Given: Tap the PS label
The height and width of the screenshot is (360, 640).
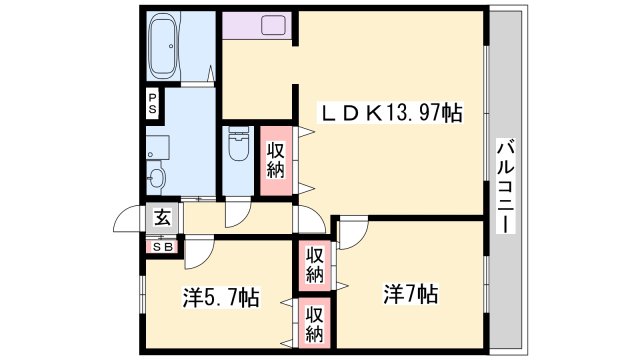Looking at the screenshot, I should pos(152,103).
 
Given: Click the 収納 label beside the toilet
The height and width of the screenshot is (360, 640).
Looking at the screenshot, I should pos(277,160).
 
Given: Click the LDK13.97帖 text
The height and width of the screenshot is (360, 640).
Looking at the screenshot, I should pos(389,113).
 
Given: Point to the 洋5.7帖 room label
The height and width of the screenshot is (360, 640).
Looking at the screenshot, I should pos(221,297).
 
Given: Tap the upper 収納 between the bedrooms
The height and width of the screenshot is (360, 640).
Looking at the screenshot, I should pos(314,262).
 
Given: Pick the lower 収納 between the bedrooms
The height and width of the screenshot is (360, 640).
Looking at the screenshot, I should pos(314,323).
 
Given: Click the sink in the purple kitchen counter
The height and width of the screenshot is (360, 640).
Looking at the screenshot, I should pos(274,24).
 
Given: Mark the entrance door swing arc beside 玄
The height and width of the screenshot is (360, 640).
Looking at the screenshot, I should pos(131,220).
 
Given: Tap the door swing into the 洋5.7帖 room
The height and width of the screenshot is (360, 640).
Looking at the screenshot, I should pos(199,252).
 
